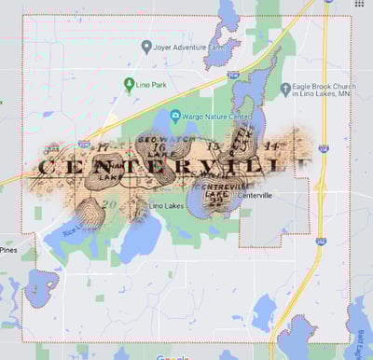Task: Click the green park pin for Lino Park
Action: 130,85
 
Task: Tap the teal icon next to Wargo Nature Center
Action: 175,117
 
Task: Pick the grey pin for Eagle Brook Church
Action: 284,89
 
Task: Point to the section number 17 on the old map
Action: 103,146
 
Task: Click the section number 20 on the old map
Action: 110,202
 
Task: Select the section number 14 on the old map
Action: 273,146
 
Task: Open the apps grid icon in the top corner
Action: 359,5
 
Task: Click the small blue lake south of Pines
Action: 41,287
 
